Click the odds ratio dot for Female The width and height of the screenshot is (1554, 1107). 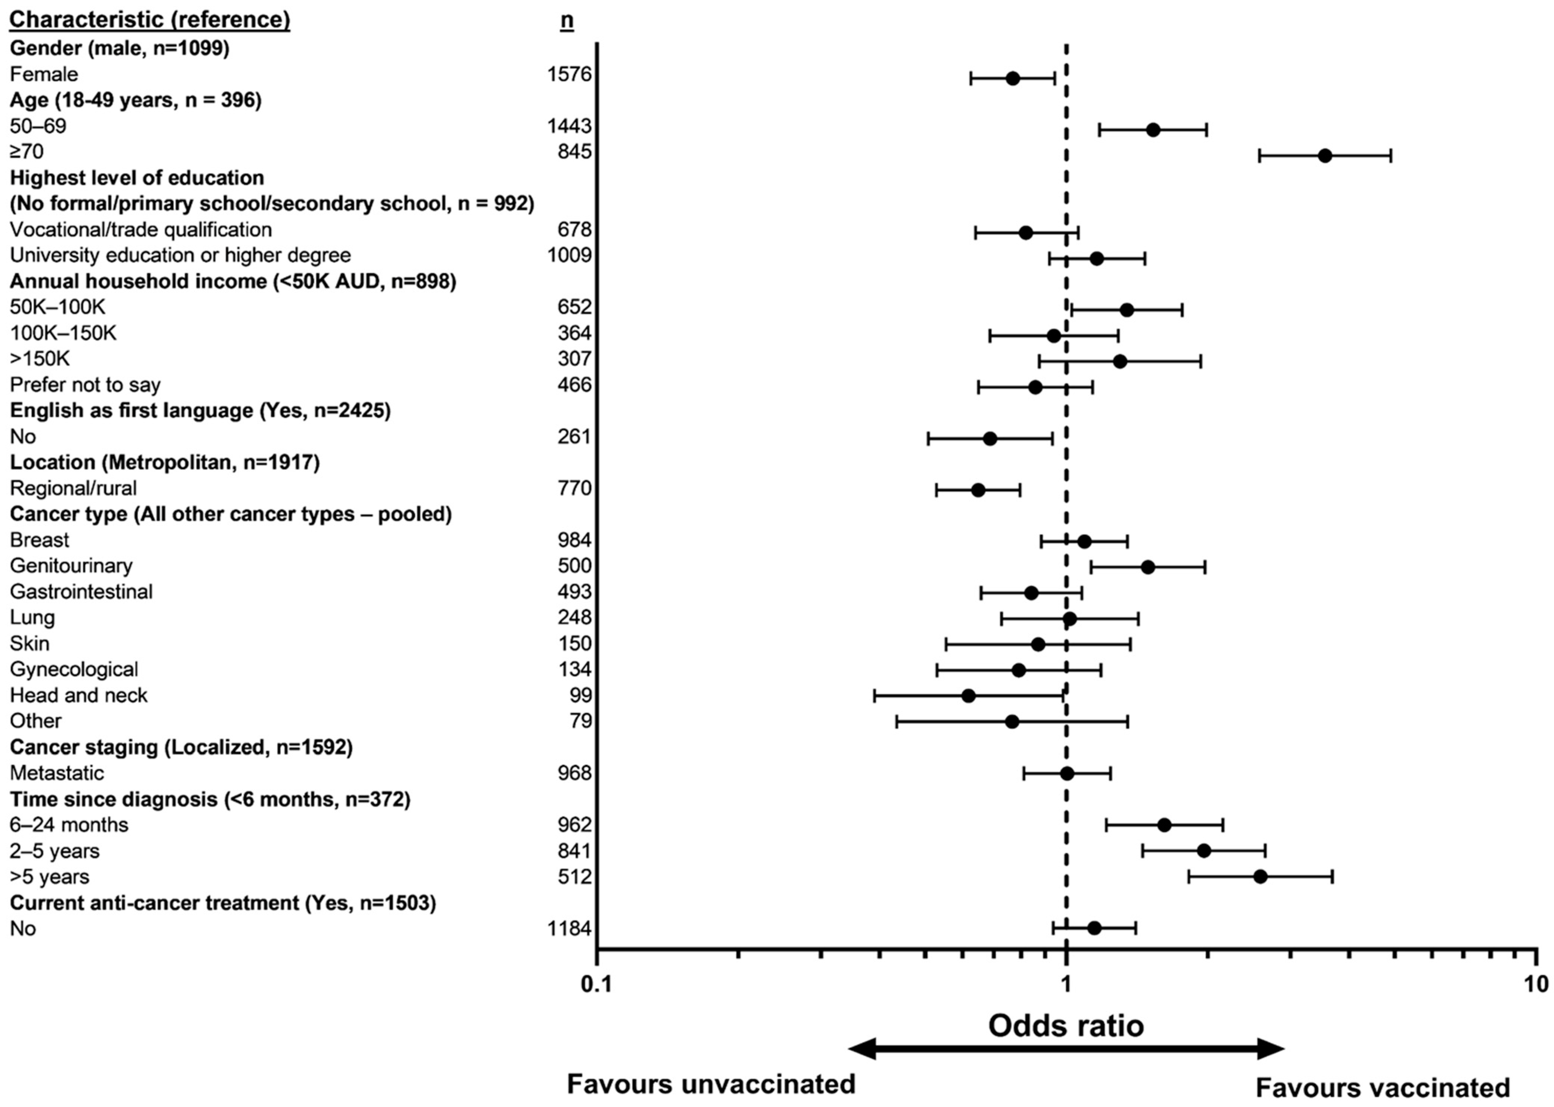pos(1013,78)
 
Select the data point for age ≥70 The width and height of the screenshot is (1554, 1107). pos(1324,156)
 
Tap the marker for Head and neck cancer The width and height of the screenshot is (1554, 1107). pos(968,696)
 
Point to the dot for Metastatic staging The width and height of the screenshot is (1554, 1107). pos(1067,774)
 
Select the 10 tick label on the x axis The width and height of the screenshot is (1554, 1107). pos(1534,986)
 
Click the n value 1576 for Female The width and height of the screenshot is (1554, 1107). pos(570,74)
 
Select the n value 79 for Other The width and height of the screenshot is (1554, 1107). pos(581,721)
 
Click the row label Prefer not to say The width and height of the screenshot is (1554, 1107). pos(85,385)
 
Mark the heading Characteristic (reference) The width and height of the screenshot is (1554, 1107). pos(150,21)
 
